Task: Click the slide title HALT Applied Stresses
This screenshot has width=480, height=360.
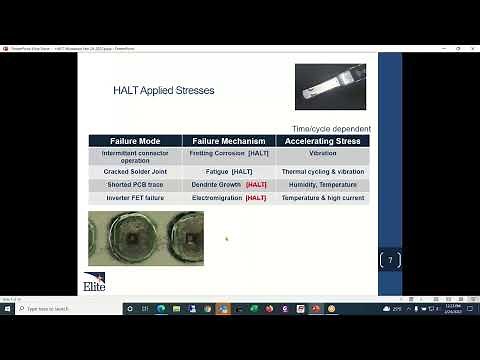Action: [x=163, y=91]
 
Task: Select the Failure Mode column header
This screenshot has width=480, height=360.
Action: [x=135, y=141]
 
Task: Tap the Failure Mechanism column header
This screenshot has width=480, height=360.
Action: [x=229, y=141]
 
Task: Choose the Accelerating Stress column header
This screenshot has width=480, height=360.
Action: [x=323, y=141]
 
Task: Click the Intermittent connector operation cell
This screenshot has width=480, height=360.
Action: [x=135, y=156]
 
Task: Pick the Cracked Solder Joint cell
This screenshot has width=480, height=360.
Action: [x=135, y=171]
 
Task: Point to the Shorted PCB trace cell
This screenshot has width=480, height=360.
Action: [x=135, y=184]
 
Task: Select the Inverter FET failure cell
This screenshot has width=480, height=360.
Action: [x=135, y=198]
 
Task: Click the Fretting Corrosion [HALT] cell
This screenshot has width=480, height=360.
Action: [x=229, y=153]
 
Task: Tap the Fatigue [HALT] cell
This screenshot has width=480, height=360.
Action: [x=229, y=171]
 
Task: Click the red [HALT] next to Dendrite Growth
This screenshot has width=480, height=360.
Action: [x=256, y=184]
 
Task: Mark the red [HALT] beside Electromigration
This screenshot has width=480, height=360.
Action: [x=256, y=198]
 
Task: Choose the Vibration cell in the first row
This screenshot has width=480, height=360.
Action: [x=323, y=153]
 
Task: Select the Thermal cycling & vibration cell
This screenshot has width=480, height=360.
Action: [x=323, y=171]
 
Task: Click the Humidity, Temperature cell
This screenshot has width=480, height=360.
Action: [x=323, y=184]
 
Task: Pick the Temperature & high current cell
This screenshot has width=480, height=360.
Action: [x=323, y=198]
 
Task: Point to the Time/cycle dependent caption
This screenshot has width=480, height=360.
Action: [x=331, y=129]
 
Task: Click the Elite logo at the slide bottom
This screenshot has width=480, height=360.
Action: [x=94, y=281]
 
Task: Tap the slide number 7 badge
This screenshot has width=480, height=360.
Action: [x=390, y=261]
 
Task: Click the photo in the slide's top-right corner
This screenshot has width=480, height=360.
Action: [x=330, y=86]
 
